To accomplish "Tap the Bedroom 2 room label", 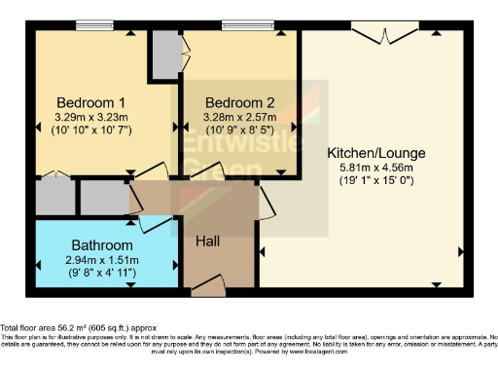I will (239, 102).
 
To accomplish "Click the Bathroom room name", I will (101, 245).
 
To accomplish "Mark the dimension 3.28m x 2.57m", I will (239, 116).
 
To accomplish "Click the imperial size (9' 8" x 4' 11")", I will (101, 274).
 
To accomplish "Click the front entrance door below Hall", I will (208, 284).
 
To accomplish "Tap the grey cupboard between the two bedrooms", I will (165, 49).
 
